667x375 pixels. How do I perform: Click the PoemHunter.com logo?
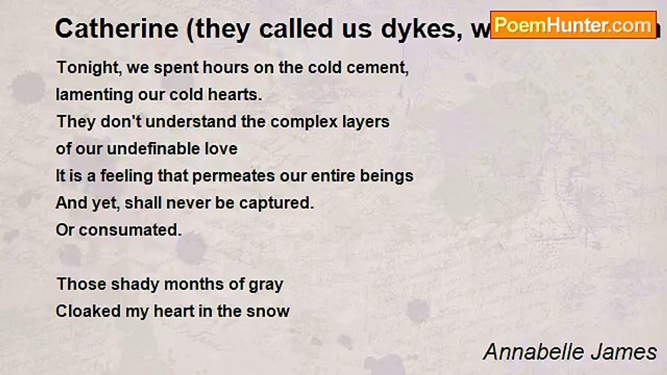(573, 24)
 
